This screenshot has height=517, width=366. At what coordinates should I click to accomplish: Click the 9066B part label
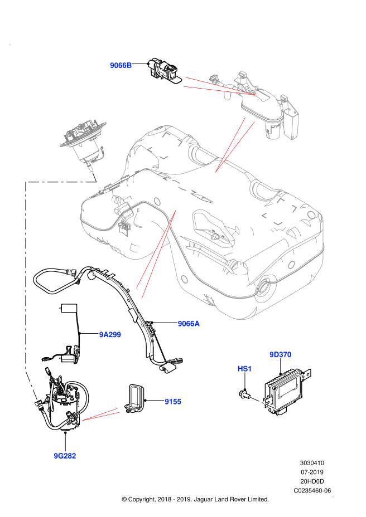pos(121,65)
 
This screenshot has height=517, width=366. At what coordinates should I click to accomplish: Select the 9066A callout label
pos(189,323)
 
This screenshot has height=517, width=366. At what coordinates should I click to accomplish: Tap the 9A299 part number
pos(110,334)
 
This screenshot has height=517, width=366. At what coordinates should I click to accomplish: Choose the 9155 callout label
pos(173,401)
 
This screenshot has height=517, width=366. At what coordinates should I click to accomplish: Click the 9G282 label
pos(65,456)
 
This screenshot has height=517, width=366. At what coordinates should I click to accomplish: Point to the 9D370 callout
pos(281,354)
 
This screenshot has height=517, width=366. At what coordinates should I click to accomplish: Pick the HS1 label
pos(245,369)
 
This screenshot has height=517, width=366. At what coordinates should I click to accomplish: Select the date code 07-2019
pos(312,472)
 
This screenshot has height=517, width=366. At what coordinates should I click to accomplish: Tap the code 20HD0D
pos(312,481)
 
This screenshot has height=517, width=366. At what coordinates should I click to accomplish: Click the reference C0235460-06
pos(312,490)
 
